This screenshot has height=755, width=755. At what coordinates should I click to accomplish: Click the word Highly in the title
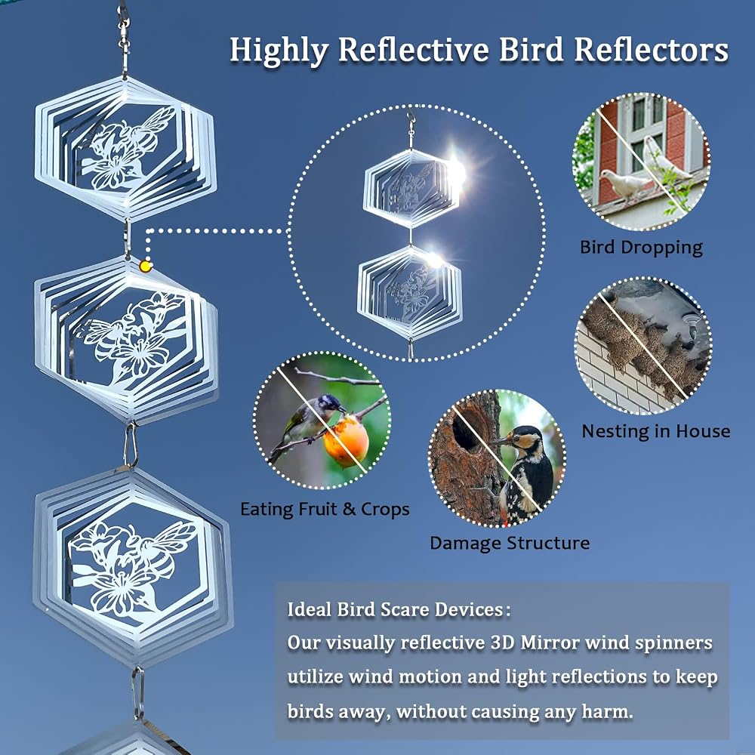click(279, 51)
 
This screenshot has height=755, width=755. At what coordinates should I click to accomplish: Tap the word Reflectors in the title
click(651, 50)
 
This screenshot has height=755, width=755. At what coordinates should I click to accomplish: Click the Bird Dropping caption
click(641, 248)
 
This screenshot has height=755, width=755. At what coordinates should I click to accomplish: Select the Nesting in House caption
click(656, 431)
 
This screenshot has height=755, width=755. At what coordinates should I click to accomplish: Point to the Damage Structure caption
click(510, 543)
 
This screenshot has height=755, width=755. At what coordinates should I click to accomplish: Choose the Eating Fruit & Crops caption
click(325, 509)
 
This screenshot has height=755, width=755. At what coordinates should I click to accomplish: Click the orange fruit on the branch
click(346, 442)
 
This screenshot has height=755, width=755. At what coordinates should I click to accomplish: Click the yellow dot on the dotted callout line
click(146, 266)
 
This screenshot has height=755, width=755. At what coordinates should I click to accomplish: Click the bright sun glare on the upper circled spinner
click(455, 171)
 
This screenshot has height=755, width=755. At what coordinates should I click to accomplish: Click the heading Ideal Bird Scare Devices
click(399, 609)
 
